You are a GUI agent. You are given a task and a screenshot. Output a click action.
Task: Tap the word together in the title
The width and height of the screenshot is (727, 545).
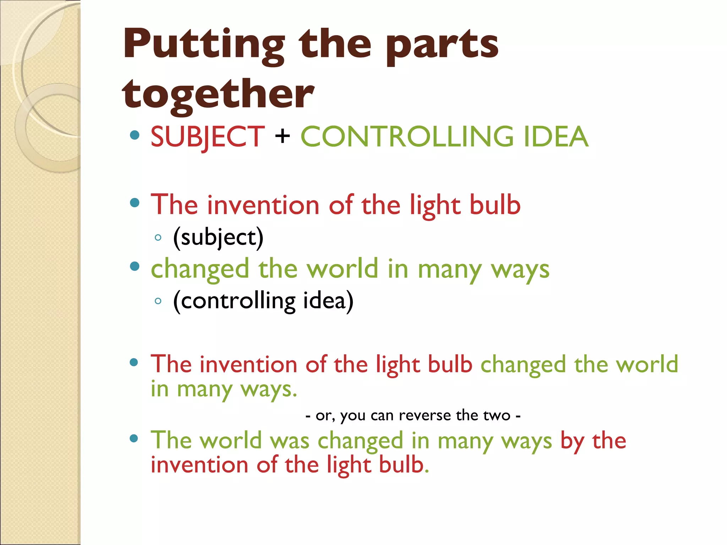[x=218, y=94]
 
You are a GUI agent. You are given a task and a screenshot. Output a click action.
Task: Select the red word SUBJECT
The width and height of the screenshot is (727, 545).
[x=208, y=137]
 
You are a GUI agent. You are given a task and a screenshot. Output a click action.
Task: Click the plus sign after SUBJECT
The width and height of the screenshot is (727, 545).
[x=283, y=136]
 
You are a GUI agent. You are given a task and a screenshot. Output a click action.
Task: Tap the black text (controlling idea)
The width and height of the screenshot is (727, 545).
[x=263, y=301]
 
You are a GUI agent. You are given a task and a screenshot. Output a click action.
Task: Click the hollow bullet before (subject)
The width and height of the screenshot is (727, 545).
[x=158, y=237]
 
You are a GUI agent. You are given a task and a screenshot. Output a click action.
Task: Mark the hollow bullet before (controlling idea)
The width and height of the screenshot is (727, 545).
[x=158, y=301]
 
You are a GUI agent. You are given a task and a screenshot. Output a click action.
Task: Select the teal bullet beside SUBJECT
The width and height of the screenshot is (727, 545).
[x=135, y=135]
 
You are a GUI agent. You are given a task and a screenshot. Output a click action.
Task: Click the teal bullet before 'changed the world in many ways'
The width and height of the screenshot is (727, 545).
[x=135, y=266]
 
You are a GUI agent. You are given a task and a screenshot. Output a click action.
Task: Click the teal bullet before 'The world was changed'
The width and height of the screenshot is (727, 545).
[x=134, y=439]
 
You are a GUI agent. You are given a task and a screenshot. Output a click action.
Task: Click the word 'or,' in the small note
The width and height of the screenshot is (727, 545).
[x=325, y=415]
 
